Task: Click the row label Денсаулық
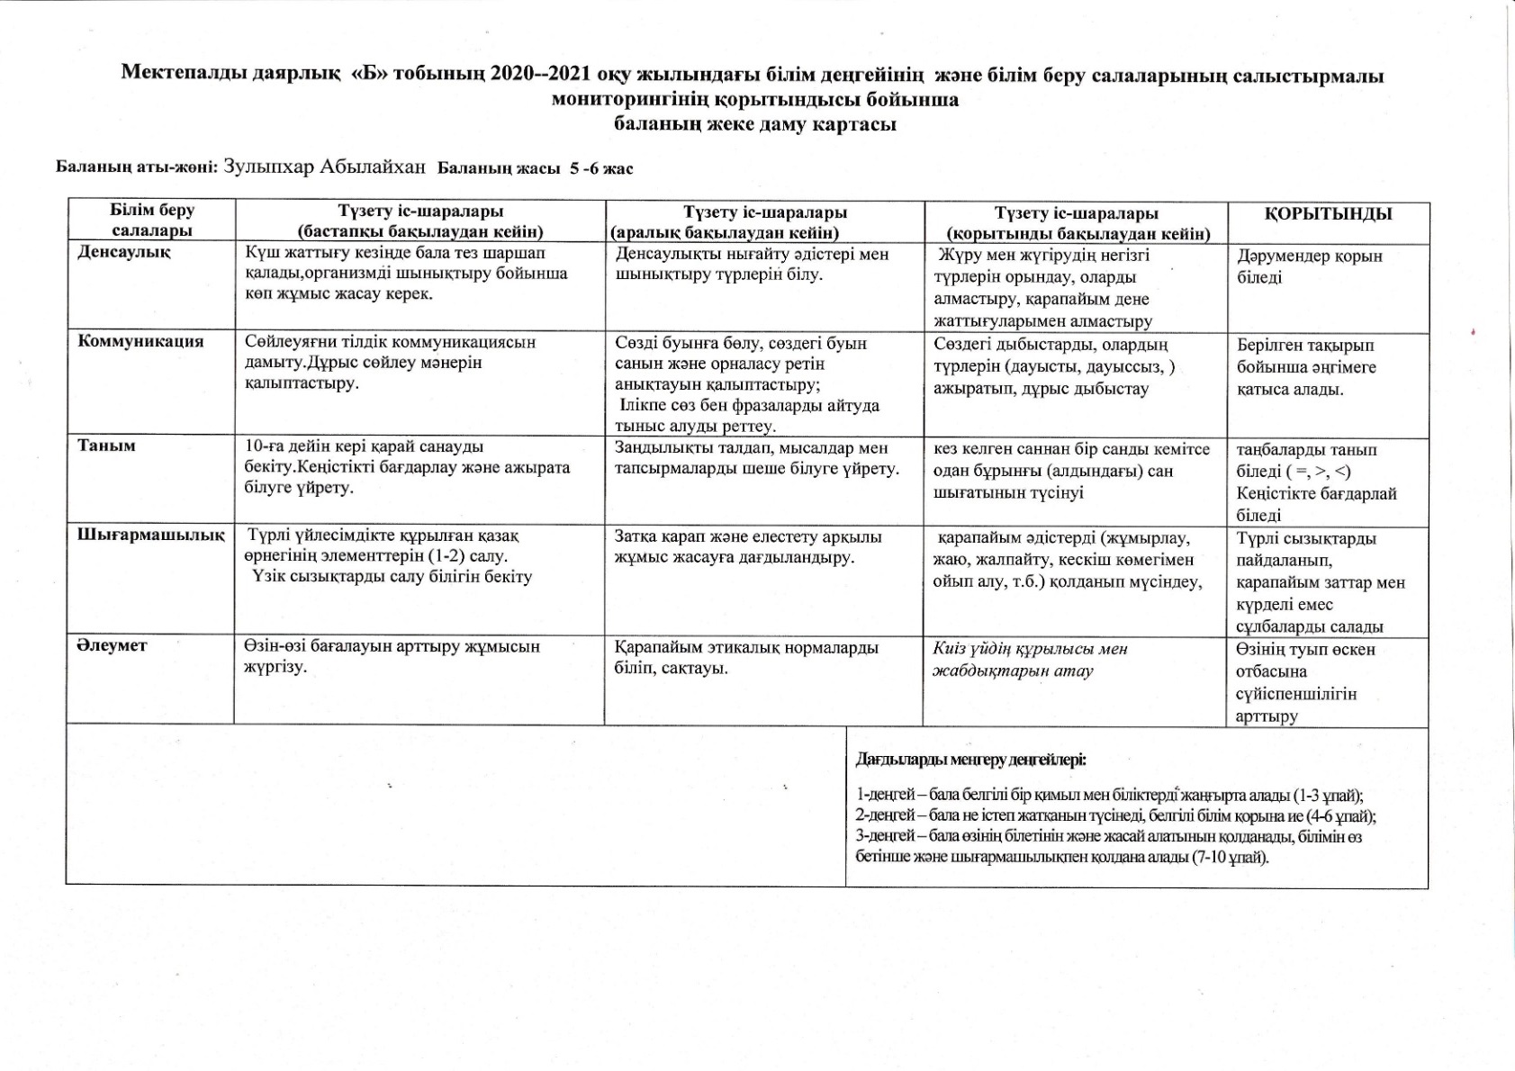point(124,252)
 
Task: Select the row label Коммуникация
point(140,341)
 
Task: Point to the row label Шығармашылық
point(150,535)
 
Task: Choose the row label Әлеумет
point(112,645)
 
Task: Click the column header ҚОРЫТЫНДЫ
point(1328,214)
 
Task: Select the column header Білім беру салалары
point(151,220)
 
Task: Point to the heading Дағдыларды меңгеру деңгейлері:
point(970,760)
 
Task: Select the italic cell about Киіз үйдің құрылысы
point(1030,660)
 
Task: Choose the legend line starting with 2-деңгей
point(1115,816)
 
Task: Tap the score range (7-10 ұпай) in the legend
point(1230,857)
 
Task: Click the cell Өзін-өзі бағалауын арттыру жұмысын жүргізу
point(392,656)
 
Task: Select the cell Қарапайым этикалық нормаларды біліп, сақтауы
point(746,658)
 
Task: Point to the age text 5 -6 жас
point(601,168)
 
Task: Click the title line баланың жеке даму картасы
point(754,124)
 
